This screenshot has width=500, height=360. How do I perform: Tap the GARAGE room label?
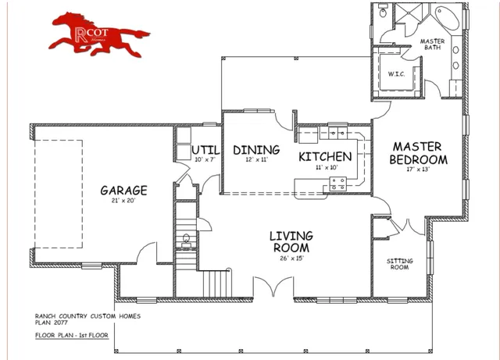point(123,190)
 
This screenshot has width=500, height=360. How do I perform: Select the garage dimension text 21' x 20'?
point(123,201)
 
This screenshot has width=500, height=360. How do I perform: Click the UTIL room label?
point(205,149)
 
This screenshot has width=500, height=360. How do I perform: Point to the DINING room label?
point(256,150)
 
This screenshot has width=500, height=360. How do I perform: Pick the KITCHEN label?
point(325,156)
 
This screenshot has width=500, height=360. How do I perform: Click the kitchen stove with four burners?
point(338,184)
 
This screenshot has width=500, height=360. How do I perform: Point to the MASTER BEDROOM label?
point(418,153)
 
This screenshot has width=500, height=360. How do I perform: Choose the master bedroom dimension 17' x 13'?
point(418,169)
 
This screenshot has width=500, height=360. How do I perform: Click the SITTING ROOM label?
point(399,264)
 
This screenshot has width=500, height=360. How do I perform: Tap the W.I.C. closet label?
point(395,75)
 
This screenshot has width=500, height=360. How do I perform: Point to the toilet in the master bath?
point(382,13)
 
